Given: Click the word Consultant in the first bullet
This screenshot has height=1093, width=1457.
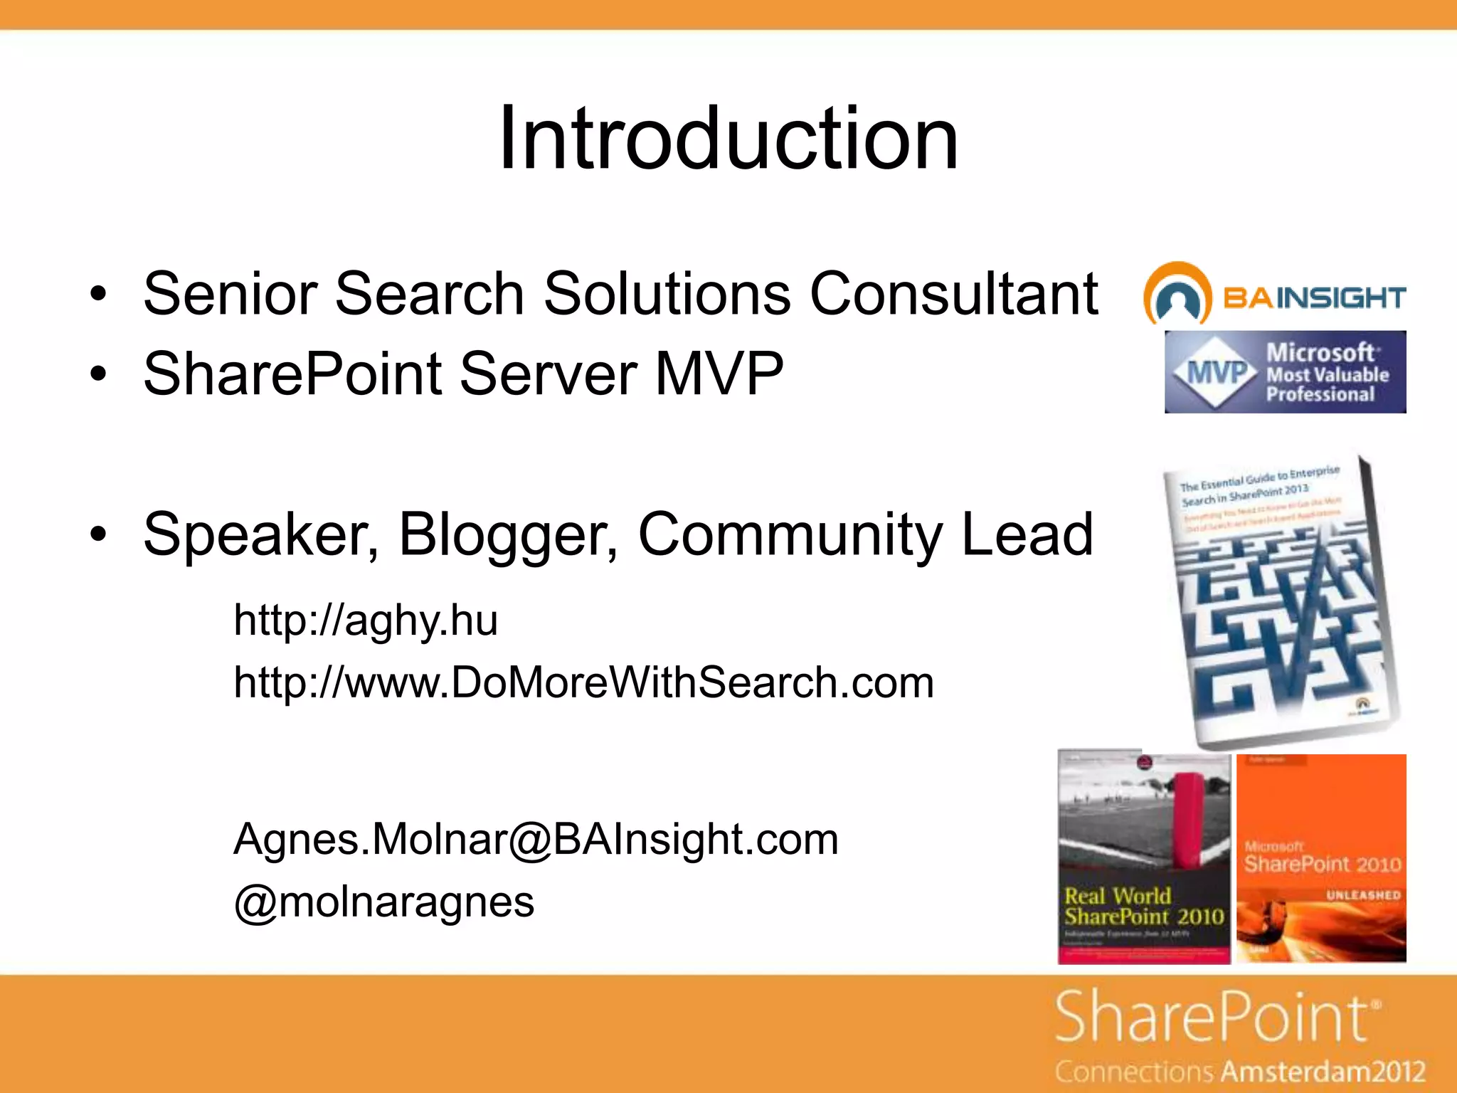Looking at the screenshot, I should (953, 293).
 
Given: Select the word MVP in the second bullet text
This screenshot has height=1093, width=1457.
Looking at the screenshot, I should (719, 374).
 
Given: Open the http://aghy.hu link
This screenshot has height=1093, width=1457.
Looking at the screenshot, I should (366, 621).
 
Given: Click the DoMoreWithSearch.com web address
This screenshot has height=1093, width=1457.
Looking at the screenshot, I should (583, 682).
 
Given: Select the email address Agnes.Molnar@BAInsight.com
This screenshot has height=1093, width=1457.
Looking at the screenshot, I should (536, 839).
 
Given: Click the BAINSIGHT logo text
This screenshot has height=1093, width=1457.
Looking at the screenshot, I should (1313, 297).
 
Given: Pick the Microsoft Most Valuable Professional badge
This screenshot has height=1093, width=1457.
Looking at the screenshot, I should (1285, 372).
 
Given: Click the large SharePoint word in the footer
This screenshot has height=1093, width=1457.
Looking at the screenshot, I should (1213, 1018).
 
